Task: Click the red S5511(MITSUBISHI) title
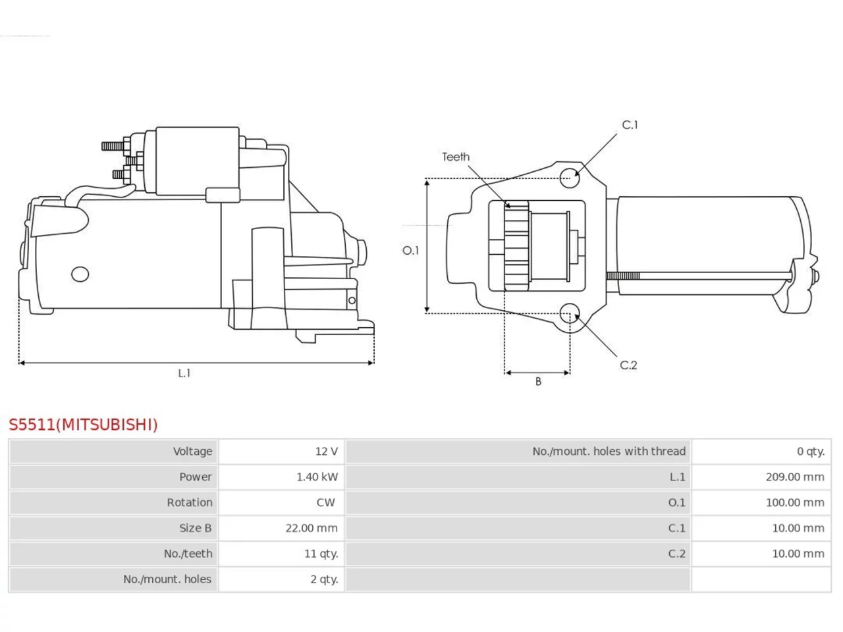pyautogui.click(x=83, y=425)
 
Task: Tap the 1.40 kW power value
pyautogui.click(x=317, y=477)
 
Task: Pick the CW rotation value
pyautogui.click(x=326, y=503)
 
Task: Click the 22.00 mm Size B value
pyautogui.click(x=312, y=529)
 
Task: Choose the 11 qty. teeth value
pyautogui.click(x=321, y=554)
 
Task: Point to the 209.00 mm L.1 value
pyautogui.click(x=795, y=477)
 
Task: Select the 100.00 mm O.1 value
pyautogui.click(x=795, y=503)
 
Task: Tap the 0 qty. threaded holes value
pyautogui.click(x=811, y=451)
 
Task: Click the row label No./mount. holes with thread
pyautogui.click(x=609, y=451)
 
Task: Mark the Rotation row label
pyautogui.click(x=189, y=503)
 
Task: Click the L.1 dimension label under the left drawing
pyautogui.click(x=184, y=373)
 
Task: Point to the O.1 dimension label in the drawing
pyautogui.click(x=410, y=251)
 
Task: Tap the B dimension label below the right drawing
pyautogui.click(x=538, y=381)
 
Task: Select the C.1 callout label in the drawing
pyautogui.click(x=630, y=124)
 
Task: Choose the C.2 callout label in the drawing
pyautogui.click(x=628, y=365)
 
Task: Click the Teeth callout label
pyautogui.click(x=456, y=157)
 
